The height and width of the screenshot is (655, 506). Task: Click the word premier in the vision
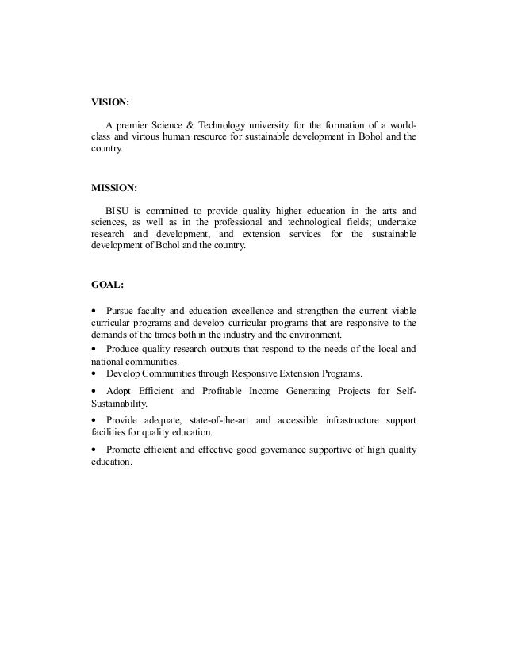(136, 125)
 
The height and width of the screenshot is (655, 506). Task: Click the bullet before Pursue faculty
(95, 309)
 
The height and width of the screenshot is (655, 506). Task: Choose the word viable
(401, 309)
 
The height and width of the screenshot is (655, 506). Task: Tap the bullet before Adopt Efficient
(95, 391)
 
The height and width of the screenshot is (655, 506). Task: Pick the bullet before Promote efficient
(95, 451)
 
